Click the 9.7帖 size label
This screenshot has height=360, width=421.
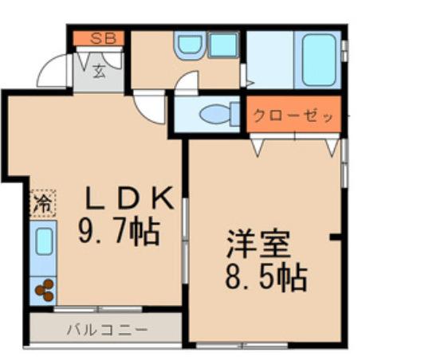pyautogui.click(x=119, y=233)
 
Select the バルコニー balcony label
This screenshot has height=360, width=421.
pyautogui.click(x=106, y=328)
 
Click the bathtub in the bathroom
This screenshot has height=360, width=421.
pyautogui.click(x=317, y=60)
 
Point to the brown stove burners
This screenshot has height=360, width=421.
pyautogui.click(x=44, y=291)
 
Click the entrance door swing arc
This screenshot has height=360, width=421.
pyautogui.click(x=53, y=70)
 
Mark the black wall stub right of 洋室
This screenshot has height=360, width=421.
pyautogui.click(x=336, y=236)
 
